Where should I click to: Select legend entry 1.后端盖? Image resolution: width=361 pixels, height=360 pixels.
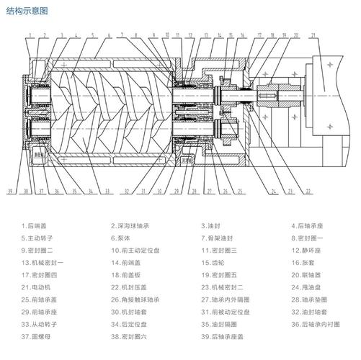point(35,225)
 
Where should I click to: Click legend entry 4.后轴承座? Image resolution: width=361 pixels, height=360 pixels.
point(308,225)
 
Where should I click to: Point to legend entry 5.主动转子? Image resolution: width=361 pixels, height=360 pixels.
point(37,238)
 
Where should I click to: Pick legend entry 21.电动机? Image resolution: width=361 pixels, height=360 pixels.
point(37,287)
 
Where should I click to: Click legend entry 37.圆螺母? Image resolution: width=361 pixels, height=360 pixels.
point(37,336)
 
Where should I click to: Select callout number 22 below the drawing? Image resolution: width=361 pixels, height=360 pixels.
point(308,192)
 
